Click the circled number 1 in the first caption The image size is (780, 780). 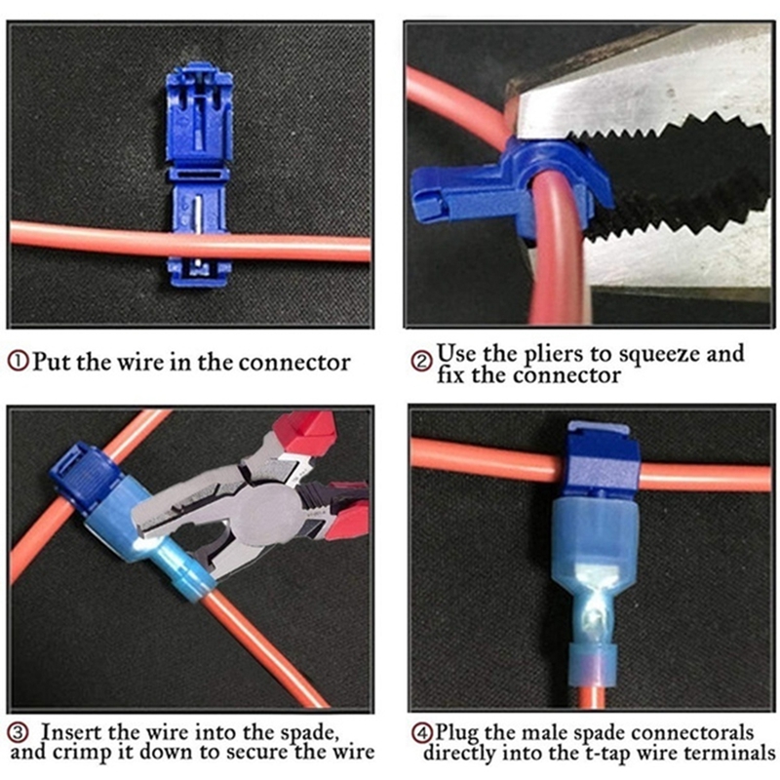click(x=19, y=362)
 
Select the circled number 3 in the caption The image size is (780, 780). click(x=19, y=732)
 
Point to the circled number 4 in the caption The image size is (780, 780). click(x=422, y=733)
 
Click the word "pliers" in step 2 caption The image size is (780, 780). click(x=552, y=354)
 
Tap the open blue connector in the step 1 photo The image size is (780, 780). click(x=199, y=175)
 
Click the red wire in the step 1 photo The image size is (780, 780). click(x=190, y=242)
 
